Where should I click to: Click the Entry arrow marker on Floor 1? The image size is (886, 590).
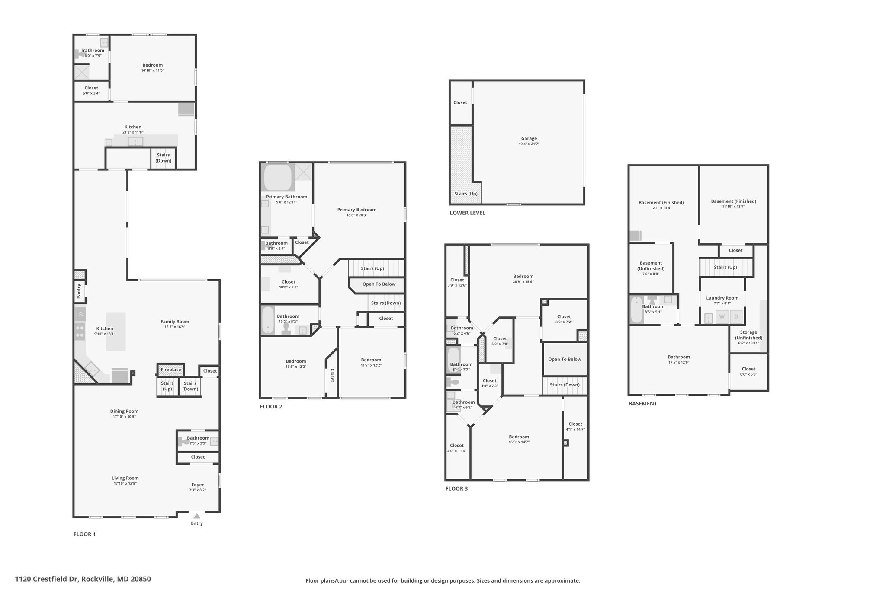[197, 516]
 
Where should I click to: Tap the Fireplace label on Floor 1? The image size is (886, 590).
[171, 370]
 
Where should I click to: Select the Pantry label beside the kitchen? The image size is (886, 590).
[79, 291]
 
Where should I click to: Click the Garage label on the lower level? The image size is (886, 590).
[529, 139]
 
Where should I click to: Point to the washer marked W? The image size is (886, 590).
[722, 317]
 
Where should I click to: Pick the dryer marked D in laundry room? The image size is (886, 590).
[736, 317]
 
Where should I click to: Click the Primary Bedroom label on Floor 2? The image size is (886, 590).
[357, 210]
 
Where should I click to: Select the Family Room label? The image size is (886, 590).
[175, 322]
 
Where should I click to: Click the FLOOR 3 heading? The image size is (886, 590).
[456, 489]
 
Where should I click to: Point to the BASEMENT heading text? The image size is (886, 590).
[642, 404]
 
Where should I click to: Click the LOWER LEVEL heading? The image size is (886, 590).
[467, 213]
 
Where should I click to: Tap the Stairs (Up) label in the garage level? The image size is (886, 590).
[466, 194]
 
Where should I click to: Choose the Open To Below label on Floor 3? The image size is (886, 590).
[565, 359]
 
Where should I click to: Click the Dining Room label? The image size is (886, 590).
[124, 411]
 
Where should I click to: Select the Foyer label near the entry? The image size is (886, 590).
[198, 485]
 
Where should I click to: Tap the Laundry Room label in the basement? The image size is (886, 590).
[722, 298]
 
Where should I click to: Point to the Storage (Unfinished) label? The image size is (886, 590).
[748, 335]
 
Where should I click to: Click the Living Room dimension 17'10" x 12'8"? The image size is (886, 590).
[125, 484]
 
